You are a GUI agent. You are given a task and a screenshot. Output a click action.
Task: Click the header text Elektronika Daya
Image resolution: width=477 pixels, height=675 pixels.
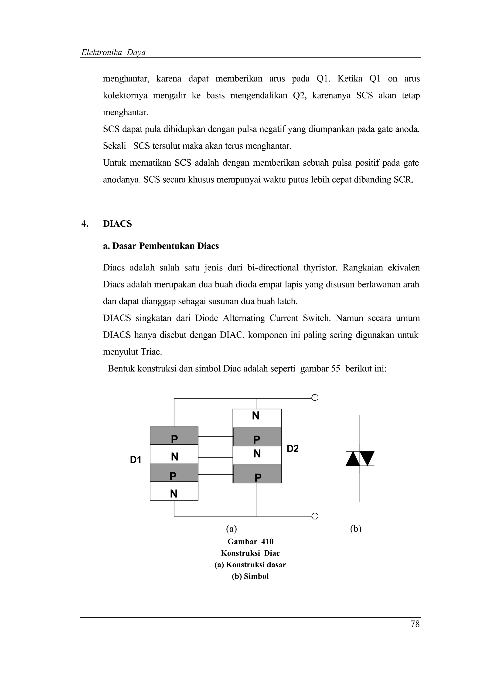click(113, 52)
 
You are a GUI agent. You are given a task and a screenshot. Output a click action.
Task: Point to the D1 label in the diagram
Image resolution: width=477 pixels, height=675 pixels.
click(136, 460)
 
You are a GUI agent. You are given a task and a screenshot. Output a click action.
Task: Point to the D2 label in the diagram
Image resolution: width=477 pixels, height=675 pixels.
click(293, 448)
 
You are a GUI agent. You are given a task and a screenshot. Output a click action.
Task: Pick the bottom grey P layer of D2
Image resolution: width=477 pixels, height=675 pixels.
click(257, 477)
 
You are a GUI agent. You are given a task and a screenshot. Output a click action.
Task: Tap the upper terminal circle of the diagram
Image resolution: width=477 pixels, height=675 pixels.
click(314, 398)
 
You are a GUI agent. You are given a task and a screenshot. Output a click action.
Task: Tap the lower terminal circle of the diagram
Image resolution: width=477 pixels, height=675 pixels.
click(314, 516)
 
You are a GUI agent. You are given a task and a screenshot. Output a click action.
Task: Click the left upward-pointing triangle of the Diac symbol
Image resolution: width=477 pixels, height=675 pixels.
click(353, 459)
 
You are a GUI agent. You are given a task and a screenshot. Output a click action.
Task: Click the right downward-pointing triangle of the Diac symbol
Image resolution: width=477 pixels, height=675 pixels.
click(367, 458)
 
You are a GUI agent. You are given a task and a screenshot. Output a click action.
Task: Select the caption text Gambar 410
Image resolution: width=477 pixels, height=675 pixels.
click(250, 542)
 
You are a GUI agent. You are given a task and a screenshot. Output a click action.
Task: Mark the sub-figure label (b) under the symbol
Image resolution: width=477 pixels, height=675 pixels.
click(355, 529)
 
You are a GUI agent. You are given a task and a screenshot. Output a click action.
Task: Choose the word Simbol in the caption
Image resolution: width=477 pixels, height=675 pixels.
click(256, 576)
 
